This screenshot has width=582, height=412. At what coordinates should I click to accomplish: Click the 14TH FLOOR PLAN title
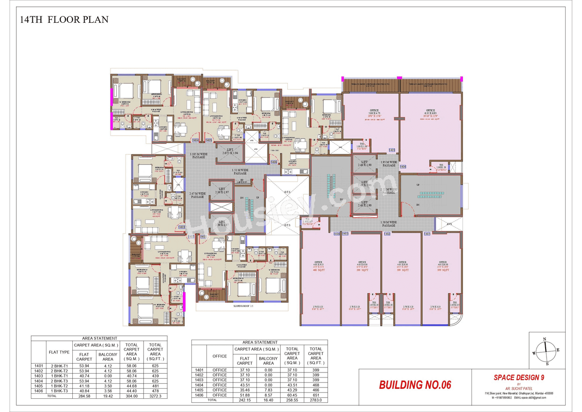point(64,20)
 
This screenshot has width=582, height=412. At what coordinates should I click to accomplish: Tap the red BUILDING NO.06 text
point(415,385)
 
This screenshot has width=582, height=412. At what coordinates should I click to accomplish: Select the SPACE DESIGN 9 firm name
point(519,377)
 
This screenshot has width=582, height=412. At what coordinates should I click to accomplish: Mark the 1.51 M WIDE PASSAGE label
point(240,172)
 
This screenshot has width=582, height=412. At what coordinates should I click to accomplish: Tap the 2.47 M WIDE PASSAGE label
point(197,195)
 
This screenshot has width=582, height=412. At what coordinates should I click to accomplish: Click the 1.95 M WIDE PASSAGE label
point(389,164)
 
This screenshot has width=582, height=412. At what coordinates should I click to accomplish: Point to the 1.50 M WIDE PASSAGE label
point(388,224)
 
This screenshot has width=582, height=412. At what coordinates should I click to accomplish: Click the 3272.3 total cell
point(155,396)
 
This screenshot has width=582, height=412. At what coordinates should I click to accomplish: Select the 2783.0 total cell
point(316,400)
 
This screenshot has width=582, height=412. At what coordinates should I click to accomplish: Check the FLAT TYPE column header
point(59,352)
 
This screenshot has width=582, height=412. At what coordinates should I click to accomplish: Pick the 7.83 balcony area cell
point(268,390)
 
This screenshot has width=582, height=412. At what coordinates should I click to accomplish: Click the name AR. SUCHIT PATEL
point(519,388)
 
